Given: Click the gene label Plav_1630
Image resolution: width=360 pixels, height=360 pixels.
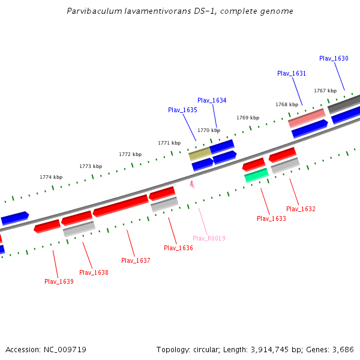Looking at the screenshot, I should click(334, 58).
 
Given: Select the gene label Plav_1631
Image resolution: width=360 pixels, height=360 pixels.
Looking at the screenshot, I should click(292, 73).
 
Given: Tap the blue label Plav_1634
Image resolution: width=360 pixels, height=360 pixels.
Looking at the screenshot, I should click(212, 100).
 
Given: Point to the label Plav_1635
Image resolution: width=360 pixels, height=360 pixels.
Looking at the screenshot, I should click(182, 110).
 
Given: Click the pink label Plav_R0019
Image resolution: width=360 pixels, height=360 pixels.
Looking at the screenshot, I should click(209, 238).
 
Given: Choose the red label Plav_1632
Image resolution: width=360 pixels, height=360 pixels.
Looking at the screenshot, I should click(301, 209).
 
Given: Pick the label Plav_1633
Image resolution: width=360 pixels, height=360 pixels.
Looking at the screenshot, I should click(271, 218).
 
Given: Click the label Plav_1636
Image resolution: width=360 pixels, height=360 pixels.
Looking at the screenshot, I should click(178, 248).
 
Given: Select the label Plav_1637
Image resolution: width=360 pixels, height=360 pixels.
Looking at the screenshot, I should click(136, 260).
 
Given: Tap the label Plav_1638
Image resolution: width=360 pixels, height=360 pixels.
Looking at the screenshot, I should click(94, 272).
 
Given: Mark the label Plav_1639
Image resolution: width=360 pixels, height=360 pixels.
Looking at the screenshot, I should click(59, 281).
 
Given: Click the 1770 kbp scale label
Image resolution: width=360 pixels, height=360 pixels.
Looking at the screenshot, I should click(209, 130).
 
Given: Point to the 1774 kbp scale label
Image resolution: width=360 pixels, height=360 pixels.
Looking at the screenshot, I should click(51, 177).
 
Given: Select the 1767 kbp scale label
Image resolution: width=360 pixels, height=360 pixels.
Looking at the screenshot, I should click(325, 91).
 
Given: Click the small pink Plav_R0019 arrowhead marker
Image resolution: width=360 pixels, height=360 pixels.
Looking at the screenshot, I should click(192, 184).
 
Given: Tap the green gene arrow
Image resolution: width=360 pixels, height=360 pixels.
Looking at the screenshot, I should click(256, 175).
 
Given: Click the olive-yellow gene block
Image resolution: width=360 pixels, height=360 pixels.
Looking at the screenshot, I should click(200, 154).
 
